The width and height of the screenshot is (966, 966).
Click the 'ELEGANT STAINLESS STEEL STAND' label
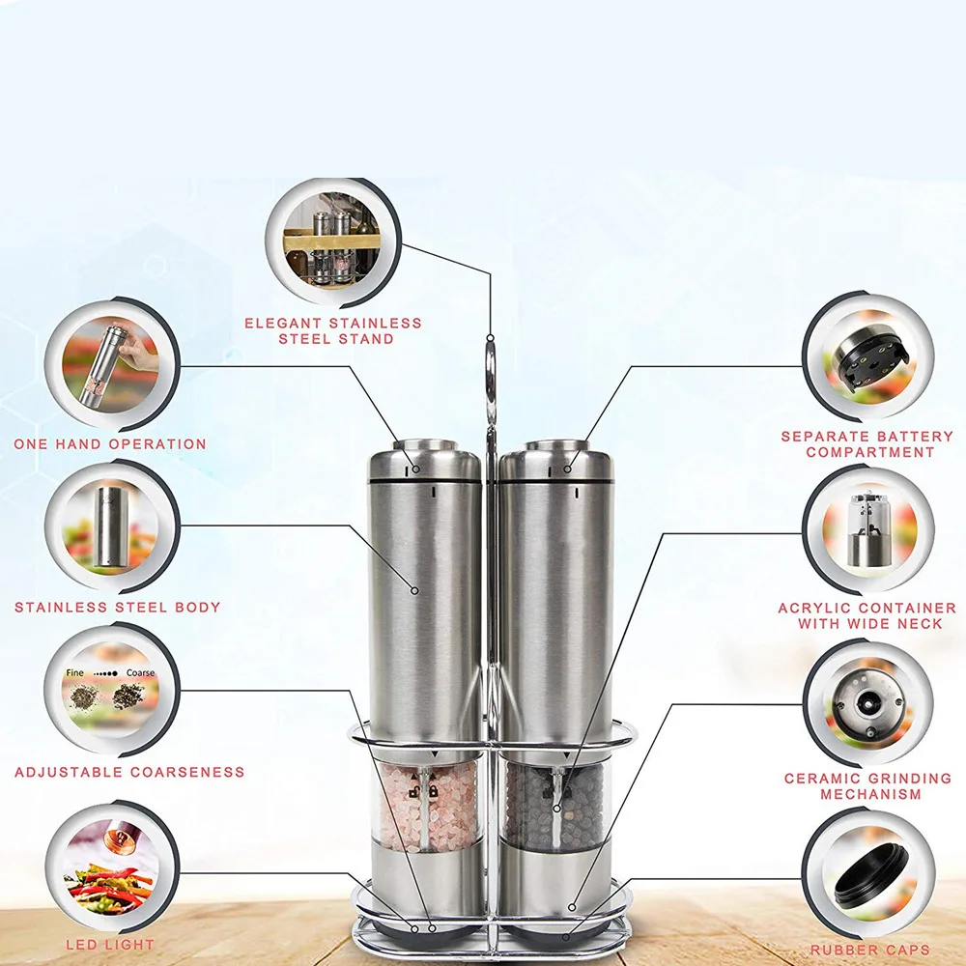[333, 330]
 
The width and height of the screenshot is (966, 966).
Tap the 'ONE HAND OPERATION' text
[110, 444]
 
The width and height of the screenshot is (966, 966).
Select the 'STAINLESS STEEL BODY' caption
[118, 608]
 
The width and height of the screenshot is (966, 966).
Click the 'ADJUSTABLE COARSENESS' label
[129, 772]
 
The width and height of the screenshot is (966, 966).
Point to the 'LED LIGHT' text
[110, 945]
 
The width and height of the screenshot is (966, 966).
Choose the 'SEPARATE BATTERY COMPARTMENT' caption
[867, 444]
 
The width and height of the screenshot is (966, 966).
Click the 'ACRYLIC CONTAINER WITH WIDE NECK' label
[867, 616]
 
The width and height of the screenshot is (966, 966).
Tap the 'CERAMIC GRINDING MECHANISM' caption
[868, 786]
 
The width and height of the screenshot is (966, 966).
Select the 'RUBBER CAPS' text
[870, 950]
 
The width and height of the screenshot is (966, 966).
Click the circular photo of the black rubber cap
[868, 873]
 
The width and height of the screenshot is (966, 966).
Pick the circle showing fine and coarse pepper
[111, 689]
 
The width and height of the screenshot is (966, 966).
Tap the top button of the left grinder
[425, 444]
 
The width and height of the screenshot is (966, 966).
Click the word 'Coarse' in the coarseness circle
[140, 672]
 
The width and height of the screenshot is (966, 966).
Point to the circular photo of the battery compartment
[868, 357]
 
